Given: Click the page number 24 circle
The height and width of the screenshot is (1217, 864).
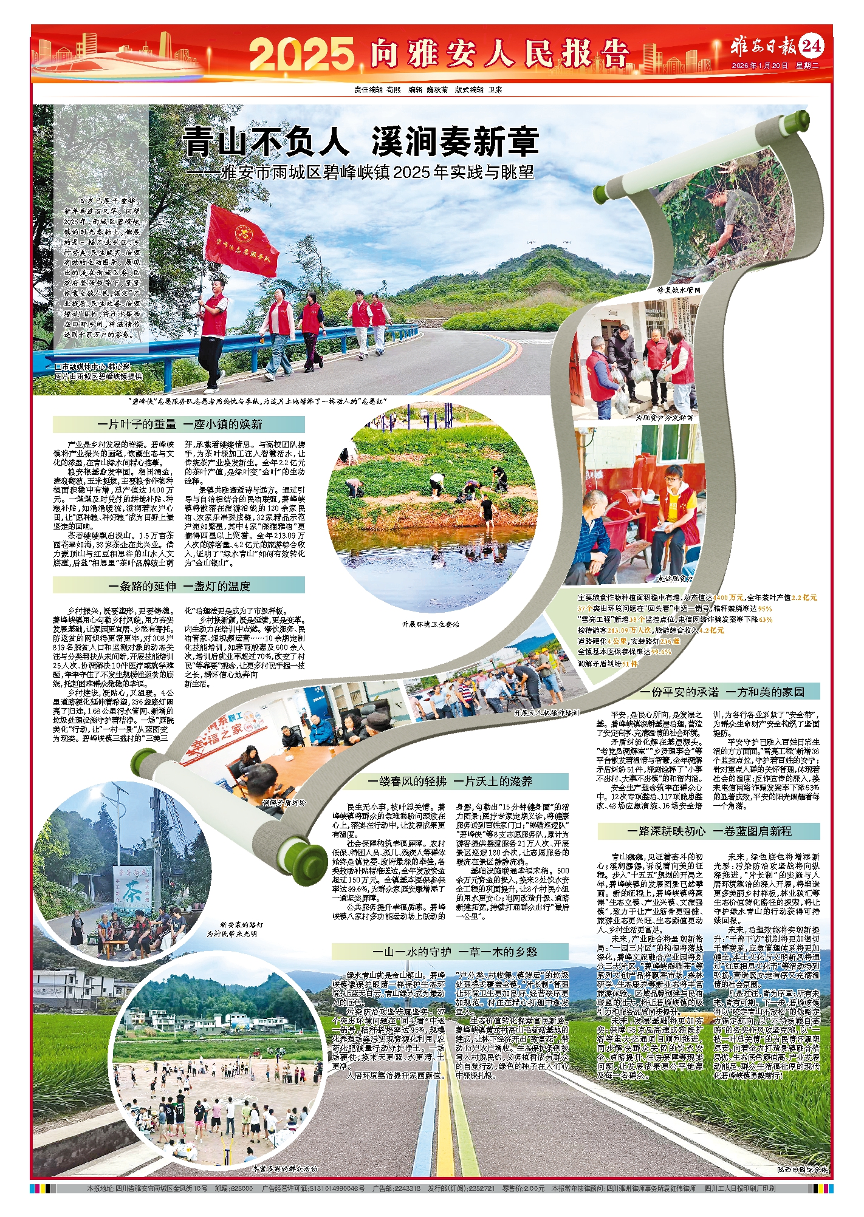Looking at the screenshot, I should click(812, 46).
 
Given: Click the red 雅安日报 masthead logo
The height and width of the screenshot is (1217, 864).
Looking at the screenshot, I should click(764, 46).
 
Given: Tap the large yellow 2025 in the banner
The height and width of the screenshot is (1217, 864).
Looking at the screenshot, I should click(301, 53).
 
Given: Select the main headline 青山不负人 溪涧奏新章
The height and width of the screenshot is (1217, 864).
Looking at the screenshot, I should click(361, 141).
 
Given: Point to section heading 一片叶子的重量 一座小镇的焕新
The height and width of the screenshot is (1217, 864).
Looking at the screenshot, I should click(179, 424).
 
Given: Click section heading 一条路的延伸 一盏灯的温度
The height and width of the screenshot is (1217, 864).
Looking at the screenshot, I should click(179, 585).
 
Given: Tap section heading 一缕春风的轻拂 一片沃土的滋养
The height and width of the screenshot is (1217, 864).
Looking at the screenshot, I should click(450, 781).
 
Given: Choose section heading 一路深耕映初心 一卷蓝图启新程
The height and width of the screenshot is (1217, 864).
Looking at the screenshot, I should click(709, 831).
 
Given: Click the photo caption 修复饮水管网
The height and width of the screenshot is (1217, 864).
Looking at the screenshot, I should click(679, 290).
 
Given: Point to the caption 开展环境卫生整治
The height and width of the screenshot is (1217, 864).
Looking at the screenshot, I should click(430, 624).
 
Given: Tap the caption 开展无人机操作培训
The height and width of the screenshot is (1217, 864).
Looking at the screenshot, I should click(546, 712).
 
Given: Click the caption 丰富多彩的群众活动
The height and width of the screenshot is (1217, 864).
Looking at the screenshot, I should click(284, 1168).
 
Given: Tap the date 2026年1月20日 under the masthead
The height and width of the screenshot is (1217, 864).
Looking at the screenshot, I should click(759, 65).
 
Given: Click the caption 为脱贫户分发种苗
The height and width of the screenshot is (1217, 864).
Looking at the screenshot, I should click(663, 418).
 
